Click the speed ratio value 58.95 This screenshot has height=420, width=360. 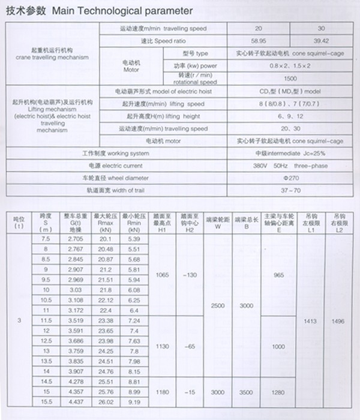tap(259, 41)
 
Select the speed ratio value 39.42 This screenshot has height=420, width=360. tap(323, 41)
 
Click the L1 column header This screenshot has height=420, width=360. tap(311, 229)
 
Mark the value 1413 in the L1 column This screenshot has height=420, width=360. tap(311, 321)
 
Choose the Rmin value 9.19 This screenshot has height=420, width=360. tap(134, 401)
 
